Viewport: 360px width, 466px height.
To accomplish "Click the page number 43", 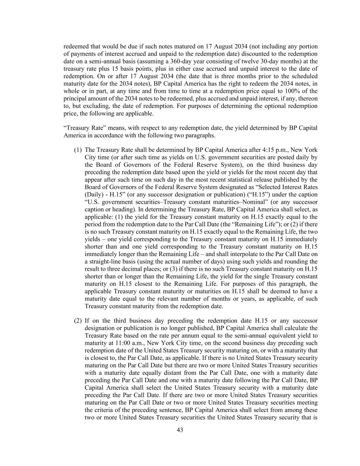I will coord(180,430).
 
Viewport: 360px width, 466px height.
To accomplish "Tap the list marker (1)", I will coord(78,150).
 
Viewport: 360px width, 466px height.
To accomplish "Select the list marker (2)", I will coord(78,321).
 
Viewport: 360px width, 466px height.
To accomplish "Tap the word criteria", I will coord(104,410).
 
